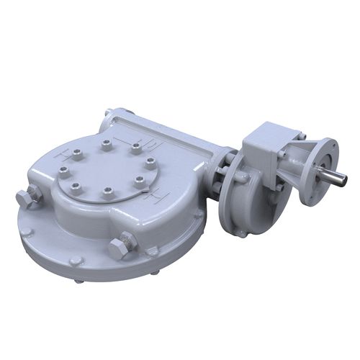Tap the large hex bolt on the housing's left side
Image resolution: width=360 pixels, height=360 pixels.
(x=26, y=199)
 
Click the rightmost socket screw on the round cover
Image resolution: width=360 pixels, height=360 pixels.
(x=150, y=163)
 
